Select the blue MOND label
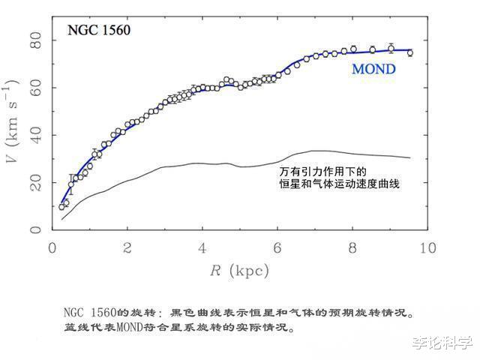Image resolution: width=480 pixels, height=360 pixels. click(x=373, y=70)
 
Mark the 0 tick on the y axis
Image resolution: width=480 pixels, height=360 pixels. click(x=35, y=229)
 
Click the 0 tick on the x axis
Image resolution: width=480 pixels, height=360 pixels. click(x=52, y=248)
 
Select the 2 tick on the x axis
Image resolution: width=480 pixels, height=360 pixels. click(x=127, y=248)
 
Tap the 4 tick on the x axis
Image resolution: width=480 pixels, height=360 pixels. click(x=202, y=248)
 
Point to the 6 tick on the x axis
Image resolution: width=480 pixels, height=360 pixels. click(x=277, y=248)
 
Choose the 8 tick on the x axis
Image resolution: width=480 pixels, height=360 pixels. click(x=352, y=248)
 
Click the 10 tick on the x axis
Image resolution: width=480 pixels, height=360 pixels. click(x=427, y=248)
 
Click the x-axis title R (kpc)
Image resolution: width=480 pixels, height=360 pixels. click(x=238, y=270)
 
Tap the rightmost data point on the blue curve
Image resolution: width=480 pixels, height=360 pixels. click(x=409, y=53)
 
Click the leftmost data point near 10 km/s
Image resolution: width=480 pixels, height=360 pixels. click(x=61, y=206)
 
